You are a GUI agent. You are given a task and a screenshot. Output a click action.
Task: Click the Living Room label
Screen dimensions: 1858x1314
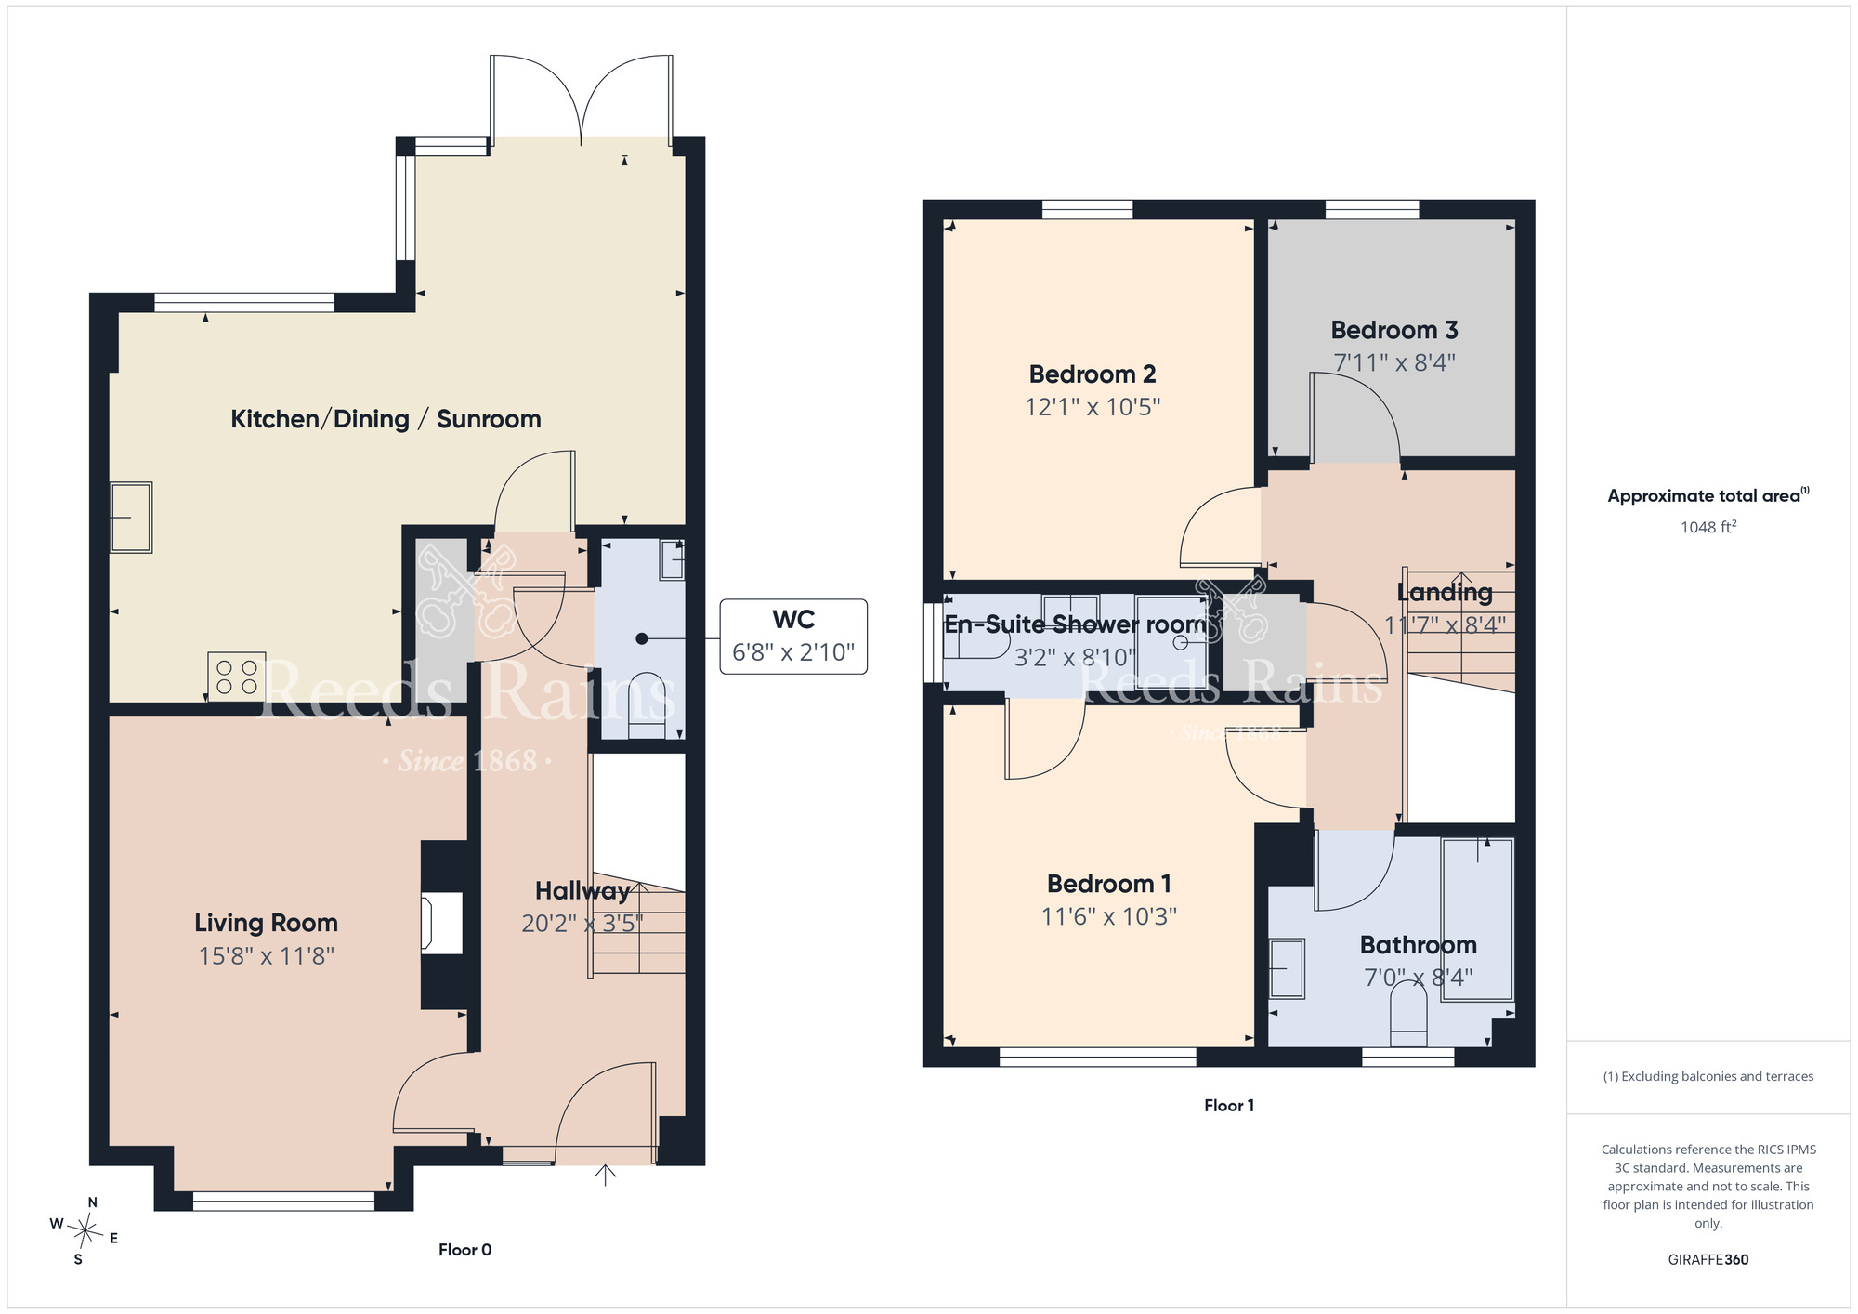266,923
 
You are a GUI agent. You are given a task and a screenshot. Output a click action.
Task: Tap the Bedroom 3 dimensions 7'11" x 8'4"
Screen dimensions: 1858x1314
1394,362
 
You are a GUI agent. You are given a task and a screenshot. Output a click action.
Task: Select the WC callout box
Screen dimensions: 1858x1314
793,637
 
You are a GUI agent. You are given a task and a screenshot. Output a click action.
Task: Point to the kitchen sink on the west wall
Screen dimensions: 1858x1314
131,518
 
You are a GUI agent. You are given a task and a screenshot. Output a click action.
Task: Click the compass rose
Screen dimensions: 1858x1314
85,1231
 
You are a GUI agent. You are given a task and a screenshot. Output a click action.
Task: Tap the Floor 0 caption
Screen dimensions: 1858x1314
464,1250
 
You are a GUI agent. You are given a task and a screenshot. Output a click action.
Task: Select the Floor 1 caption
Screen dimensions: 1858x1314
1229,1105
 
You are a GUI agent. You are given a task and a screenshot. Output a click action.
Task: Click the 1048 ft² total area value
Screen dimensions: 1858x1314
1708,527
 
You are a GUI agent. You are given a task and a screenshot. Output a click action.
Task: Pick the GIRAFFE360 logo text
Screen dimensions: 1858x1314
1708,1260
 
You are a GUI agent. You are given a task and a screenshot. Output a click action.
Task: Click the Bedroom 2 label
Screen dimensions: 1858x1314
1093,374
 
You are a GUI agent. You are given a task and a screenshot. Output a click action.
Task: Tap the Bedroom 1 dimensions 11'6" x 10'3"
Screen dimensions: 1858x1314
1109,917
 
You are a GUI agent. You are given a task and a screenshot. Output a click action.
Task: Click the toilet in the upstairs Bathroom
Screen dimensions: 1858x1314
1407,1015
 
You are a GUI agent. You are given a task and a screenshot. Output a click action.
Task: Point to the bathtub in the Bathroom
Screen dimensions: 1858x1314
1477,919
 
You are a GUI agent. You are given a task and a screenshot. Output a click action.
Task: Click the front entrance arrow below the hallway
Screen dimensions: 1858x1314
605,1176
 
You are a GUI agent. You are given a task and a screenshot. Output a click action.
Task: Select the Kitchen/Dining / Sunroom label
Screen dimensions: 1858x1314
386,419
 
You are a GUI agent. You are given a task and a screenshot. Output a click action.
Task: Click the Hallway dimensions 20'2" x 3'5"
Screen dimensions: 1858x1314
582,924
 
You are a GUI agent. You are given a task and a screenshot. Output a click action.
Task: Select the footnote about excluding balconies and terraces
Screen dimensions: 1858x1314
1708,1077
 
